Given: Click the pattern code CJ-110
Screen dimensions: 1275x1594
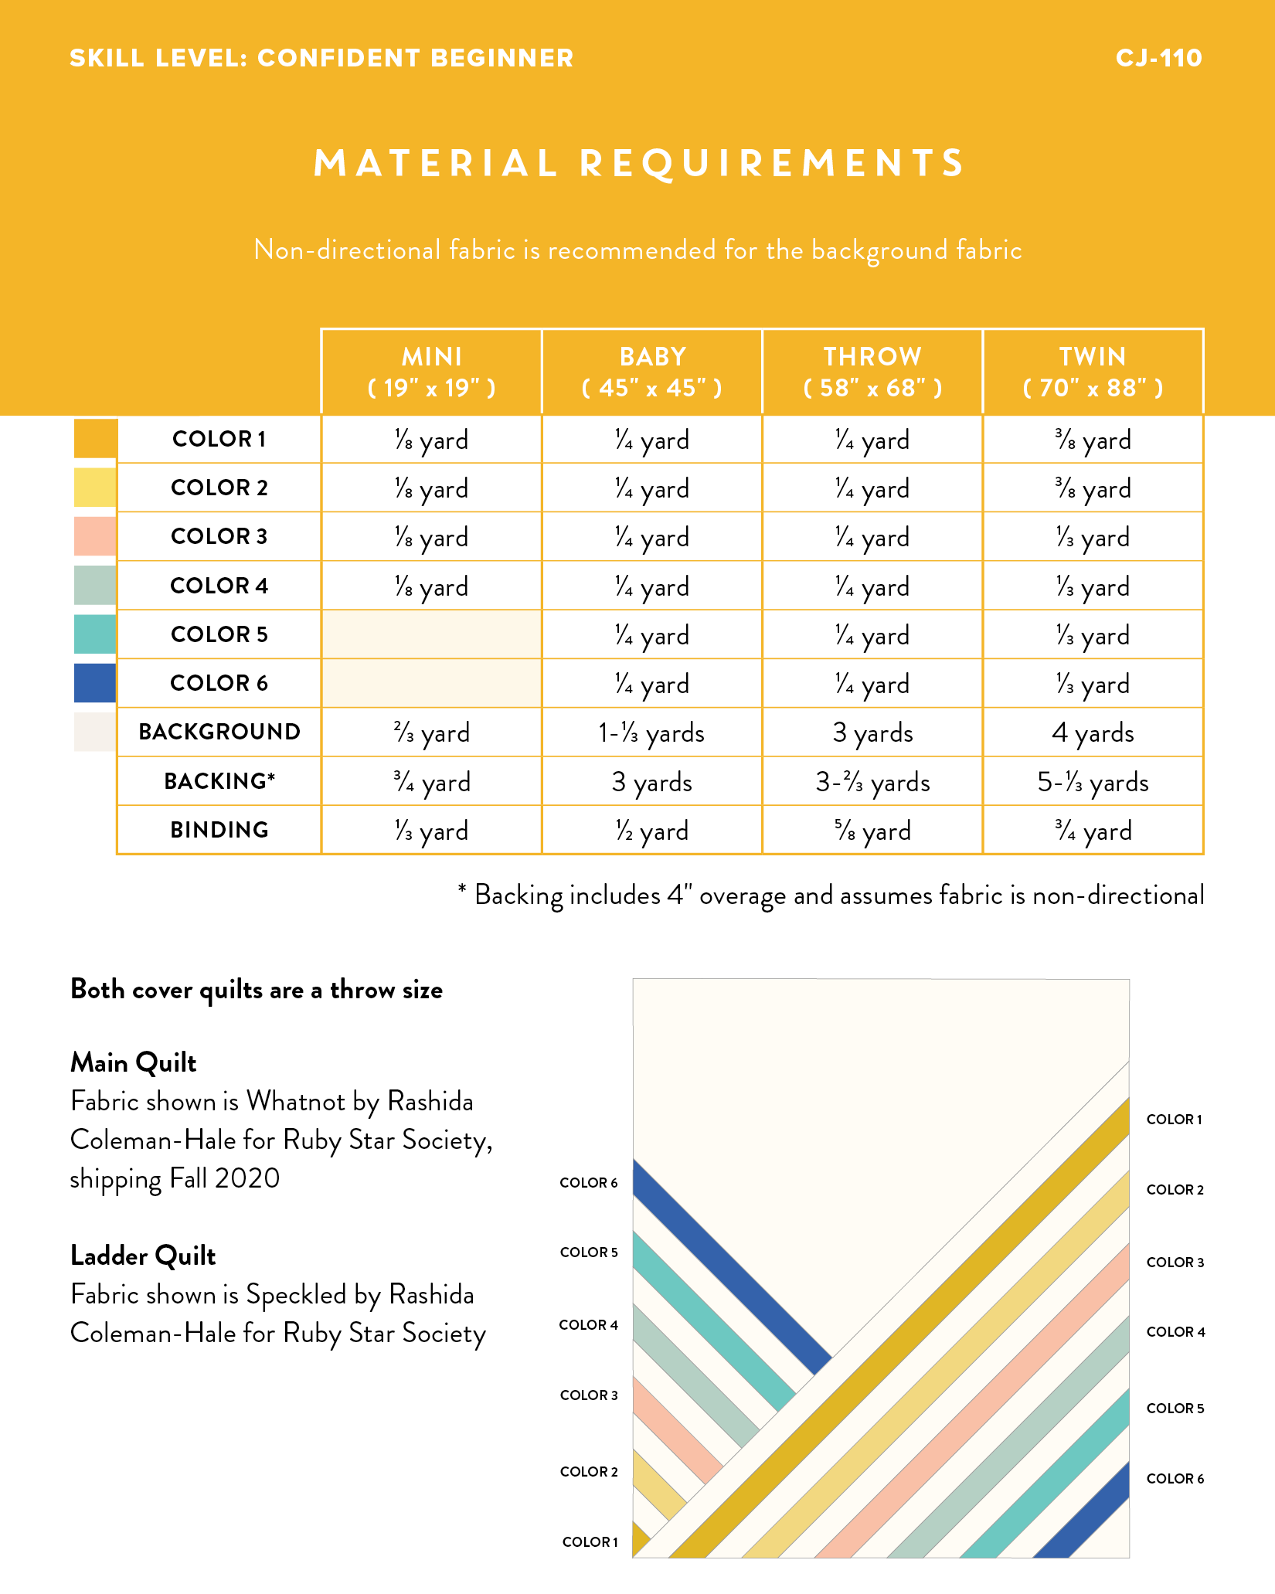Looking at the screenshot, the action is [1158, 58].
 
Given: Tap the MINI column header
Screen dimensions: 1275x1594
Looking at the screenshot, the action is [431, 372].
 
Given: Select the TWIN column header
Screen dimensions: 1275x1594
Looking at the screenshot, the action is [1093, 372].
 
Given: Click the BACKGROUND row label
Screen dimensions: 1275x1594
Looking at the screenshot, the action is [219, 732].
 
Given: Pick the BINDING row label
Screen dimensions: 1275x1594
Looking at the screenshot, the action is [219, 830].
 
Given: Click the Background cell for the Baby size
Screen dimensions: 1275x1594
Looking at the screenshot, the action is [651, 732].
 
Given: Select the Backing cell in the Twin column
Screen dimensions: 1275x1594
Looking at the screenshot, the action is [1093, 782].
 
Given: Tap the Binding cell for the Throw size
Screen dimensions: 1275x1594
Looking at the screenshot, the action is [872, 831].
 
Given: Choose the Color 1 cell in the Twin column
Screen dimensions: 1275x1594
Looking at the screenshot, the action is [1093, 440].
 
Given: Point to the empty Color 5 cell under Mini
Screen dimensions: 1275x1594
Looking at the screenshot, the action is [431, 634].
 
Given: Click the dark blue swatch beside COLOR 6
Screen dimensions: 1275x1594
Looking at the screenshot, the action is [95, 683].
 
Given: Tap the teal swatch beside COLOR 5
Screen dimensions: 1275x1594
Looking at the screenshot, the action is [95, 634].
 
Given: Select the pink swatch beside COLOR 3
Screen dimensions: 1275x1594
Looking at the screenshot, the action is [95, 536].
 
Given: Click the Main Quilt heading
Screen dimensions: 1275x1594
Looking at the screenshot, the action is [134, 1063].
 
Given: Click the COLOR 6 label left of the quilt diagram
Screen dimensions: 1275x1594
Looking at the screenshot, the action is [589, 1182].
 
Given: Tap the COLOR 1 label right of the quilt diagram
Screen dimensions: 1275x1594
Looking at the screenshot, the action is [1175, 1119].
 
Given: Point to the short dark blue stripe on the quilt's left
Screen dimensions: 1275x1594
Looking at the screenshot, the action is [732, 1267].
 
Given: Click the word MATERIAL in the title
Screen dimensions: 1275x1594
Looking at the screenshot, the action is [436, 163].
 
